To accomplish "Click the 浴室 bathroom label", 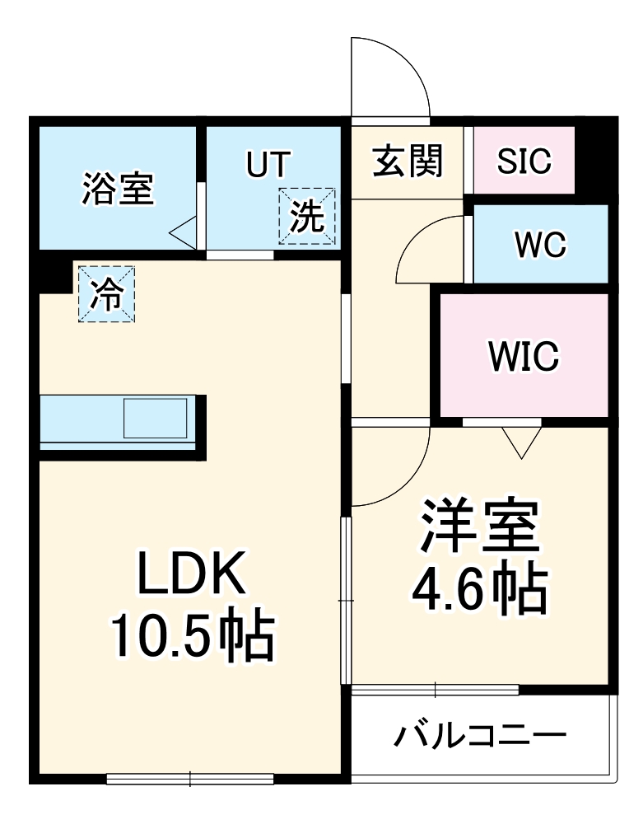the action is (x=118, y=189).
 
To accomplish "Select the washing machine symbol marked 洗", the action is (x=307, y=216).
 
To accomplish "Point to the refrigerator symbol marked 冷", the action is (x=106, y=294).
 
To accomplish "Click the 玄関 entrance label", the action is (x=408, y=161).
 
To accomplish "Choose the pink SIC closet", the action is (x=524, y=161).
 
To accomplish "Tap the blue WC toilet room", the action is (x=541, y=244).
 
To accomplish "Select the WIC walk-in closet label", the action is (x=524, y=356).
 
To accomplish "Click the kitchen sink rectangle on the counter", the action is (x=156, y=419).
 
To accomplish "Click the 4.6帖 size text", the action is (x=480, y=588).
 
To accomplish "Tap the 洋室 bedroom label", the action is (x=480, y=527).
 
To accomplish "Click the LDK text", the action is (x=191, y=573).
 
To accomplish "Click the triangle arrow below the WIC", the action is (x=522, y=442).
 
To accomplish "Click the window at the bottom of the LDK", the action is (x=190, y=779).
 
